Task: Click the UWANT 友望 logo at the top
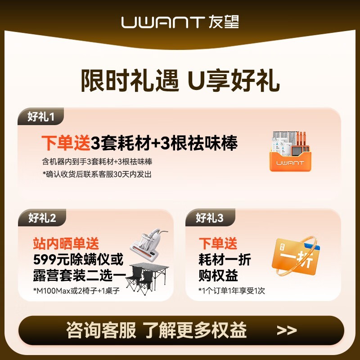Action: pyautogui.click(x=180, y=22)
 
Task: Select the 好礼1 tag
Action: pyautogui.click(x=40, y=117)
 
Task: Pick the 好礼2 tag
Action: pyautogui.click(x=42, y=218)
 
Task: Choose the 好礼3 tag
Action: pyautogui.click(x=209, y=218)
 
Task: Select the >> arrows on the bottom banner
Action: pyautogui.click(x=287, y=331)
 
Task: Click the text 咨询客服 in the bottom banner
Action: pyautogui.click(x=101, y=331)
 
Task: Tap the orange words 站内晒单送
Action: pyautogui.click(x=66, y=244)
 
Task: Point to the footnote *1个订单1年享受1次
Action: pyautogui.click(x=232, y=290)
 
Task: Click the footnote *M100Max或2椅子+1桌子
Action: pyautogui.click(x=76, y=290)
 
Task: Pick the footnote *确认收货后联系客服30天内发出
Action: pyautogui.click(x=97, y=174)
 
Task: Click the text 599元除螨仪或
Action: pyautogui.click(x=78, y=259)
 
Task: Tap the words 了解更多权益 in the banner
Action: pyautogui.click(x=195, y=331)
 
